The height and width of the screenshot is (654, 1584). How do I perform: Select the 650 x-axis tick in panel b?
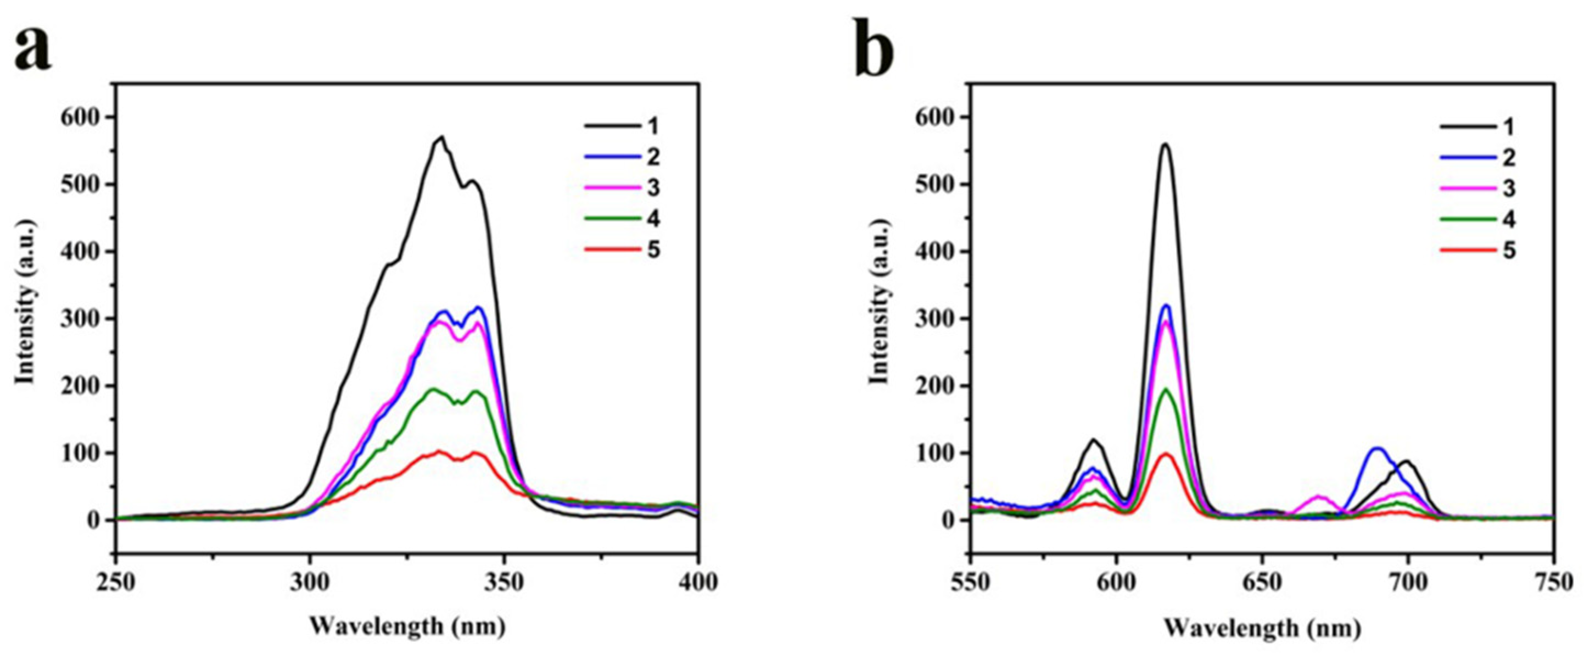tap(1262, 582)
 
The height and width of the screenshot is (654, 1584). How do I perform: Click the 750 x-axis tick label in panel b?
tap(1553, 582)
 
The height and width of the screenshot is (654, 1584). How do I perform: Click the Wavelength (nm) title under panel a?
tap(407, 628)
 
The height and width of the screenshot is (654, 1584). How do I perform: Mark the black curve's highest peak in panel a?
tap(441, 138)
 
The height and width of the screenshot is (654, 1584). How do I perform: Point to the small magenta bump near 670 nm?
tap(1318, 496)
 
